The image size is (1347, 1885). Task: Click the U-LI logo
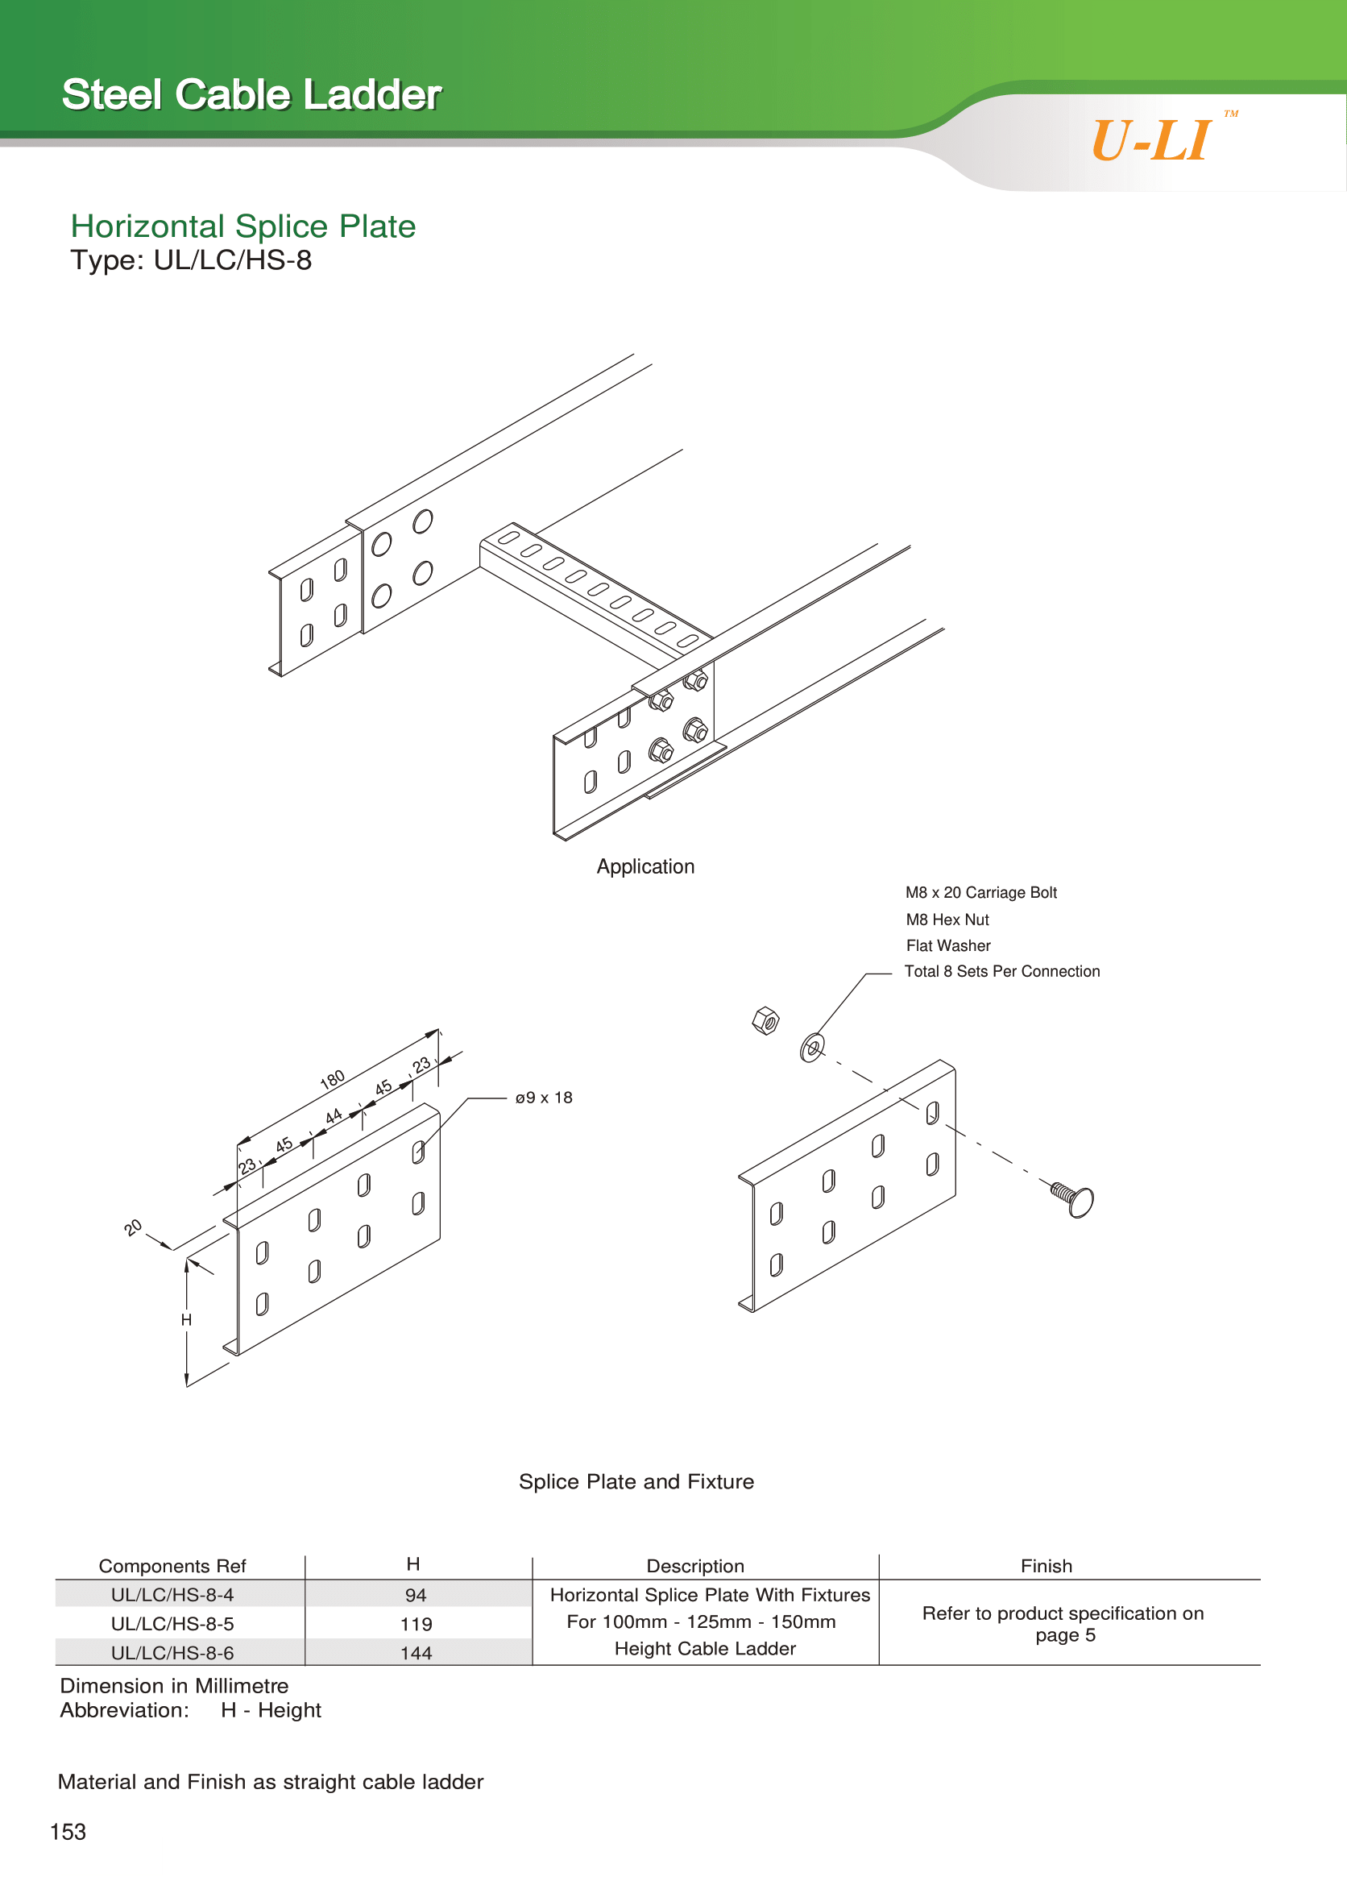[x=1152, y=140]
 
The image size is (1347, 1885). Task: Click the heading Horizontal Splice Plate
[x=242, y=226]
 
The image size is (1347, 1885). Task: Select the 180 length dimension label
[x=332, y=1079]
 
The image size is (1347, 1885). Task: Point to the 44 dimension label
[x=334, y=1117]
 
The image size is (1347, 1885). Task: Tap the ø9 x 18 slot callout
[x=543, y=1098]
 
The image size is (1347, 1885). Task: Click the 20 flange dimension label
[x=133, y=1228]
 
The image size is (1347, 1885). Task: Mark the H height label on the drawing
[x=187, y=1320]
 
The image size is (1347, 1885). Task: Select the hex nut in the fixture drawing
[x=765, y=1020]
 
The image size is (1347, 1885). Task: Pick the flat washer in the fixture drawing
[x=812, y=1048]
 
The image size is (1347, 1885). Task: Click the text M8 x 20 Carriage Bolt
[x=980, y=893]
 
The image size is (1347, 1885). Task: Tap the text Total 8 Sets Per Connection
[x=1001, y=972]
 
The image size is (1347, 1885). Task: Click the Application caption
[x=645, y=867]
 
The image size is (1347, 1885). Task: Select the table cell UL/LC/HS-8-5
[x=172, y=1624]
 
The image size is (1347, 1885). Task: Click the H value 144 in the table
[x=416, y=1653]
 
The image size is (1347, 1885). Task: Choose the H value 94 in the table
[x=416, y=1595]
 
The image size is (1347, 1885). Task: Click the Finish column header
[x=1046, y=1566]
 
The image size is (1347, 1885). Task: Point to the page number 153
[x=68, y=1832]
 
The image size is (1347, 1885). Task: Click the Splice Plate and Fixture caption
[x=636, y=1482]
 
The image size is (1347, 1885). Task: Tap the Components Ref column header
[x=172, y=1566]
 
